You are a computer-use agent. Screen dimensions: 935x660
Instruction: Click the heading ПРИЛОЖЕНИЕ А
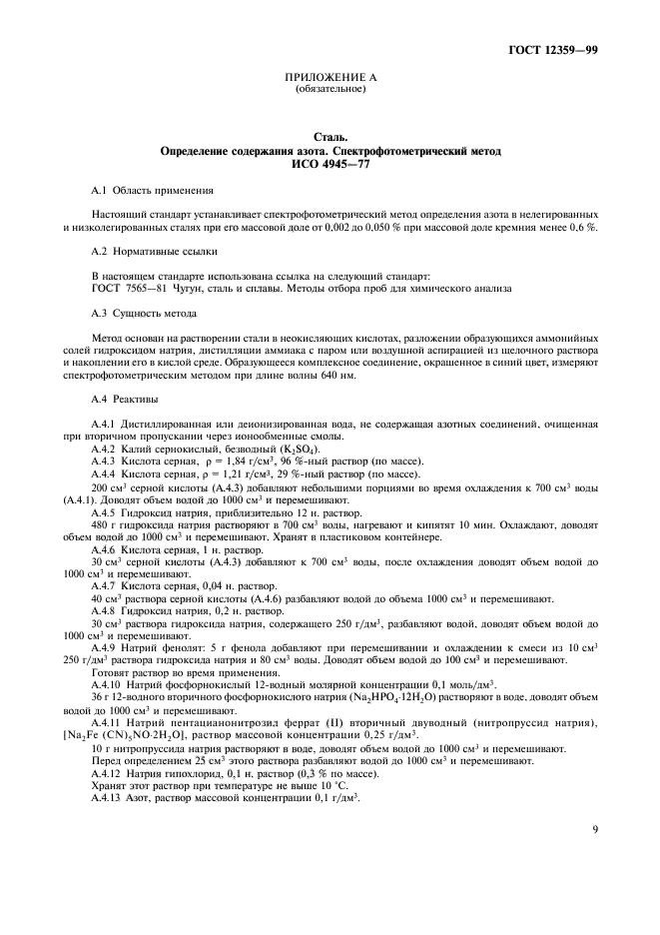coord(330,78)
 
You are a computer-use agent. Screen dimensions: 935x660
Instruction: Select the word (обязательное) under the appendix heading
coord(330,89)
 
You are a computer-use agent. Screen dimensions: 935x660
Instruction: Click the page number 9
coord(595,856)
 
